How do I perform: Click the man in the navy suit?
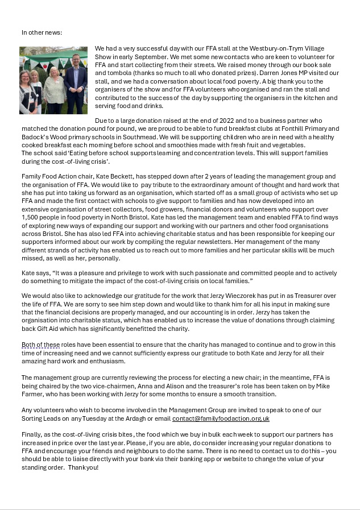(75, 82)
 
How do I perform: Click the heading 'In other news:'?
(42, 32)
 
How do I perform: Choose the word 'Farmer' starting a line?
(32, 394)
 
